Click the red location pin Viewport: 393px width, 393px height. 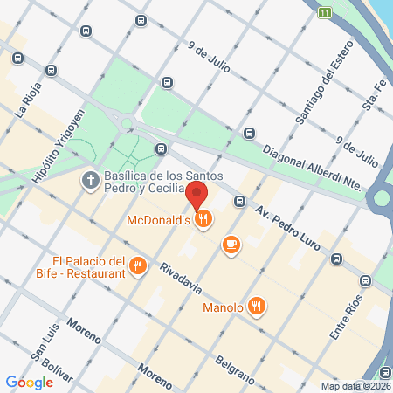197,194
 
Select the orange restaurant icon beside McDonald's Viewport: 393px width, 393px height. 203,219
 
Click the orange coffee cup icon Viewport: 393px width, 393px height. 231,245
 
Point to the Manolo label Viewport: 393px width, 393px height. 222,307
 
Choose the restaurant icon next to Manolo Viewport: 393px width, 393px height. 256,306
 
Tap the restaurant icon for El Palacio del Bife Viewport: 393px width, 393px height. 137,266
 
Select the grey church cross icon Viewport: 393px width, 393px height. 90,181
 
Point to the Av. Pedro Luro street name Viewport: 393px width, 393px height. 289,224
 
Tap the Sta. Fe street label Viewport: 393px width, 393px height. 375,104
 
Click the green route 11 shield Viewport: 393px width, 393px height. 326,12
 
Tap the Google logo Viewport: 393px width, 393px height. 30,382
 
